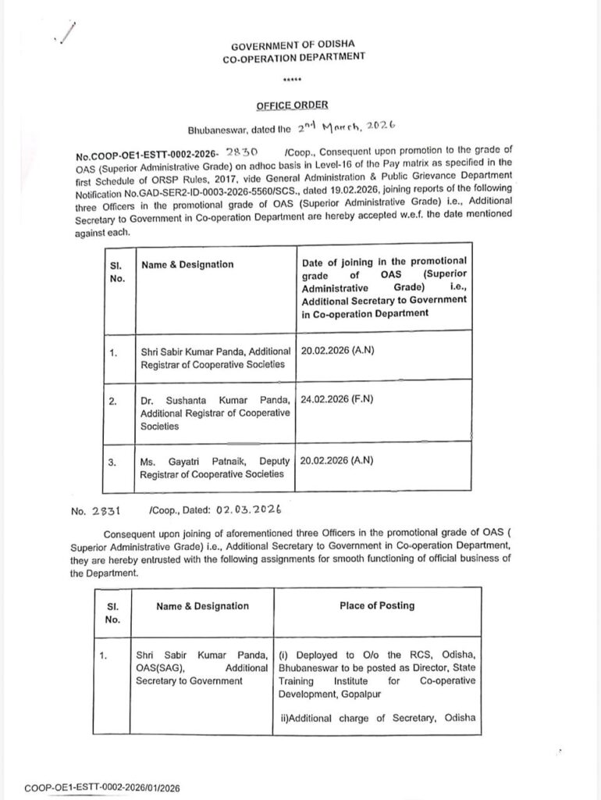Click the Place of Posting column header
[x=377, y=605]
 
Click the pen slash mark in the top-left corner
[x=66, y=34]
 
